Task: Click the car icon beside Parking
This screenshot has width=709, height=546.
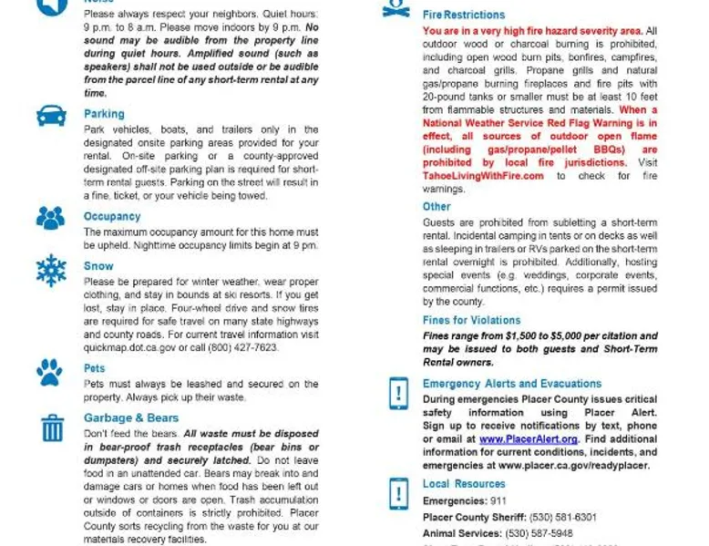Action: point(51,117)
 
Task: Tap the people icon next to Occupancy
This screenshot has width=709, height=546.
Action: point(51,218)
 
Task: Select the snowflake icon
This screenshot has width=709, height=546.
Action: point(51,271)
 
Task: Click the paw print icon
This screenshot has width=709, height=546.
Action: point(50,371)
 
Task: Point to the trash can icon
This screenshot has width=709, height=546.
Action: point(52,427)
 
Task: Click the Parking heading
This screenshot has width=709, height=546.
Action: point(104,114)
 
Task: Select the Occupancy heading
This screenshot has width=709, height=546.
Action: point(112,217)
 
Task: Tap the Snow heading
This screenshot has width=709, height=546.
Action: point(98,266)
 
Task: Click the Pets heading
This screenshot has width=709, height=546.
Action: point(95,368)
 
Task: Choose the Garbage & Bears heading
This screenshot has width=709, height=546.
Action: point(131,418)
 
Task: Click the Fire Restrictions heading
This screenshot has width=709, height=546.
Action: point(463,15)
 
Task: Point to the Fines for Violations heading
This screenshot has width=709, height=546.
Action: point(471,320)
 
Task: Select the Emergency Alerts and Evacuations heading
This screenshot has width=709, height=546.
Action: point(511,384)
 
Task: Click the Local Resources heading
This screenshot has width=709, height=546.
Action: point(463,484)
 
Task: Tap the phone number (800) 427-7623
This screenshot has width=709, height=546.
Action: point(243,347)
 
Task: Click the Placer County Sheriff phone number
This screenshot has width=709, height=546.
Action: point(566,517)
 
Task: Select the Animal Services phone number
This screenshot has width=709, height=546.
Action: point(541,533)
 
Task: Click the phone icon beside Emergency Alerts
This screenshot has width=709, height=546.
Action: point(398,394)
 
